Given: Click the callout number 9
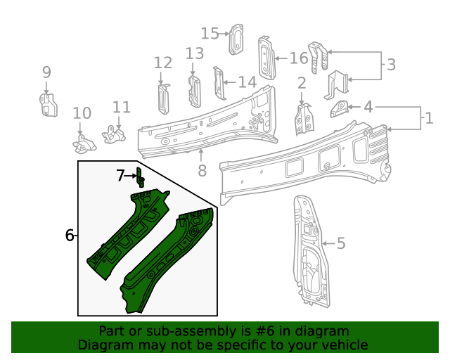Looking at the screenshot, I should click(46, 72).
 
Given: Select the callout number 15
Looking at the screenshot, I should click(210, 33).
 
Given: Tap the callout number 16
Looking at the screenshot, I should click(298, 58).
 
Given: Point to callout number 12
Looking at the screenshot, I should click(162, 63).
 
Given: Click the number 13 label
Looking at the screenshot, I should click(195, 53).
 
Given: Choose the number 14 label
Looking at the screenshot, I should click(247, 82).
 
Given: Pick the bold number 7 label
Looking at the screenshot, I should click(121, 176).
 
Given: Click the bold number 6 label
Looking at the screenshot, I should click(70, 236).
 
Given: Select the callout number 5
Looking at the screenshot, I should click(341, 243).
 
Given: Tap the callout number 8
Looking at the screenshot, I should click(202, 169).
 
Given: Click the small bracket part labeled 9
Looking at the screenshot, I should click(47, 104).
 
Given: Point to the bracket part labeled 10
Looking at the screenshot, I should click(83, 144).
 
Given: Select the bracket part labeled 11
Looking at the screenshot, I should click(112, 133).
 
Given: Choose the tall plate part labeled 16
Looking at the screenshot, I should click(266, 56).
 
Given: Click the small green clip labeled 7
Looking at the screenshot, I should click(139, 176).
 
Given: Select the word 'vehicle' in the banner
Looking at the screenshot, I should click(344, 345).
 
